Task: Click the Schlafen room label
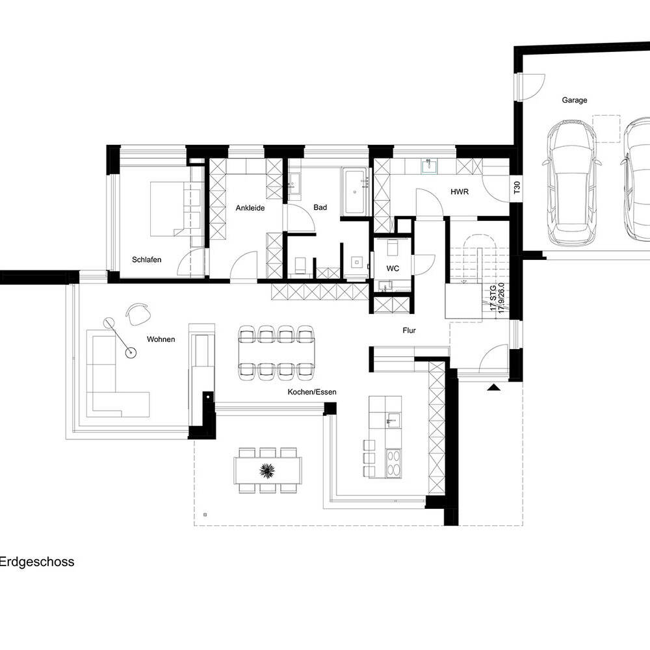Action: [x=146, y=260]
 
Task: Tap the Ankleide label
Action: [x=250, y=208]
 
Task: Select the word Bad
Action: [x=320, y=207]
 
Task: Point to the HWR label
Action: [x=460, y=192]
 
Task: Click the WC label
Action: [x=393, y=268]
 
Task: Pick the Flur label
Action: [x=409, y=330]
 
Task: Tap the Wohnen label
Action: [x=161, y=339]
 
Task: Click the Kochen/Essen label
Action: [x=312, y=392]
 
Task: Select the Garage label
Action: [x=575, y=100]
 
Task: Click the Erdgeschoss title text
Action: [x=36, y=562]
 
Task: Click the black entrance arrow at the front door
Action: [x=493, y=387]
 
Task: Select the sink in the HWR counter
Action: [x=429, y=166]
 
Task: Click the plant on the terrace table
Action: [x=267, y=471]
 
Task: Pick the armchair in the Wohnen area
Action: [x=137, y=315]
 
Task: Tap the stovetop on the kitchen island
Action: [x=393, y=463]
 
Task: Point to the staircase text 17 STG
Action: [x=493, y=298]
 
